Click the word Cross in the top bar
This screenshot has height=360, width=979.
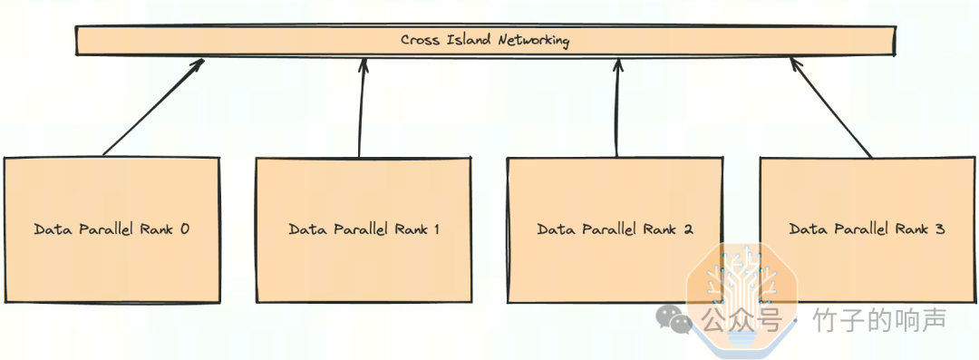coord(422,41)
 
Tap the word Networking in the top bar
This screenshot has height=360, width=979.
coord(534,41)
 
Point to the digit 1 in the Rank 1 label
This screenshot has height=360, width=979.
coord(435,229)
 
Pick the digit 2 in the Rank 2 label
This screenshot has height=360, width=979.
coord(688,229)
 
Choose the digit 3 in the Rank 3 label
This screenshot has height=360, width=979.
coord(940,229)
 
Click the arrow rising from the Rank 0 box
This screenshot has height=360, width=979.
coord(153,106)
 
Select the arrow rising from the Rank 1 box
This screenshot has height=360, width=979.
coord(362,107)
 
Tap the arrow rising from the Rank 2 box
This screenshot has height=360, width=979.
coord(617,107)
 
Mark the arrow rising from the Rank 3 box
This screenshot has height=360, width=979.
coord(831,107)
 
